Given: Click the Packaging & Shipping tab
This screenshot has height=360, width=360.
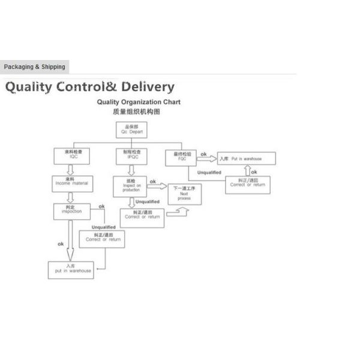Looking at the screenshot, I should click(34, 67).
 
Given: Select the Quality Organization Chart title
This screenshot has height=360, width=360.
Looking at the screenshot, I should click(138, 102).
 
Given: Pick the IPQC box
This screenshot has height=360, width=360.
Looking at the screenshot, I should click(131, 156).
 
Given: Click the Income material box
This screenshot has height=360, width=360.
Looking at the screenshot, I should click(71, 182).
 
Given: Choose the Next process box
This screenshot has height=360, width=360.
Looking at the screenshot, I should click(184, 194).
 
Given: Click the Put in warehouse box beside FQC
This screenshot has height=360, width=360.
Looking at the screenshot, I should click(247, 158).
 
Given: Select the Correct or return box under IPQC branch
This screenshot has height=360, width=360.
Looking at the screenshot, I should click(142, 217).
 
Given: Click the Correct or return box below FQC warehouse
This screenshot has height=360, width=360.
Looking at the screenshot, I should click(247, 185).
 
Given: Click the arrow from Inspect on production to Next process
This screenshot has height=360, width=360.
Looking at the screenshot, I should click(157, 187).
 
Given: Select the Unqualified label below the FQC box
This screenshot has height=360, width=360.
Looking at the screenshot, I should click(209, 172).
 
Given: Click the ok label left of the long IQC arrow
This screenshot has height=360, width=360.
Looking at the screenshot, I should click(61, 244).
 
